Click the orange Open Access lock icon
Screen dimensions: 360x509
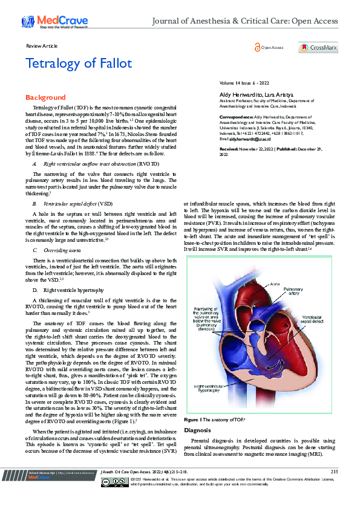tap(257, 47)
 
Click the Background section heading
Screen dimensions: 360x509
tap(45, 97)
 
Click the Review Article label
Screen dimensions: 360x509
tap(42, 46)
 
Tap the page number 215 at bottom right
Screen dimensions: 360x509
tap(334, 488)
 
